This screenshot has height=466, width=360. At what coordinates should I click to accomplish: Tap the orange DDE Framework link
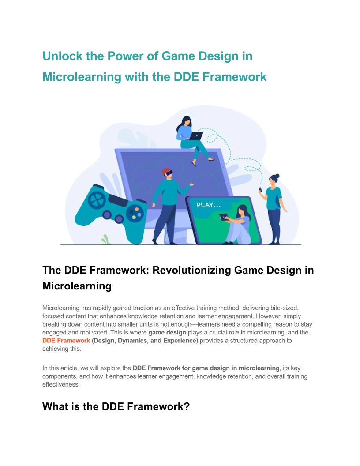tap(66, 341)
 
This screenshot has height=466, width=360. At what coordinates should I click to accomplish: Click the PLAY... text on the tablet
tap(209, 205)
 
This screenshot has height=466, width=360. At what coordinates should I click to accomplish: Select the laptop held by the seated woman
tap(196, 136)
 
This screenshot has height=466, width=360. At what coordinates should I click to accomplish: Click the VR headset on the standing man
tap(168, 173)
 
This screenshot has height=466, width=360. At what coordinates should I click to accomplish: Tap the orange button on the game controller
tap(137, 209)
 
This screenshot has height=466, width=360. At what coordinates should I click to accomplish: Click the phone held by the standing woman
tap(260, 189)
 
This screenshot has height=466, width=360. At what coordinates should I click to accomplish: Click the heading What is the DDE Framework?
tap(116, 406)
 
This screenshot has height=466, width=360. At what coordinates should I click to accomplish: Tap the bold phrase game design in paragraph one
tap(167, 332)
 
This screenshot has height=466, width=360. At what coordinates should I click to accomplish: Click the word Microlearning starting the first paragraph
tap(61, 308)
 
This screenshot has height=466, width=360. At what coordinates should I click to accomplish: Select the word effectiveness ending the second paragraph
tap(61, 384)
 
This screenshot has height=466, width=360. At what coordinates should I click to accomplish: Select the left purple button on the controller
tap(107, 214)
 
